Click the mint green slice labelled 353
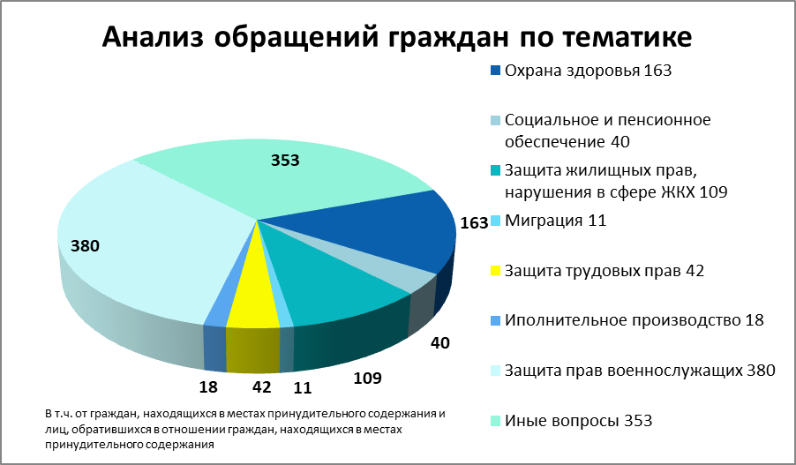point(291,181)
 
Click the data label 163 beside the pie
point(474,222)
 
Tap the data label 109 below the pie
point(367,379)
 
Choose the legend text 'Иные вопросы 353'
point(578,420)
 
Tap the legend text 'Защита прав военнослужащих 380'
point(639,370)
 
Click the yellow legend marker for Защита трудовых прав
point(495,270)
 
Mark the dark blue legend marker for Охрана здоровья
point(495,70)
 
